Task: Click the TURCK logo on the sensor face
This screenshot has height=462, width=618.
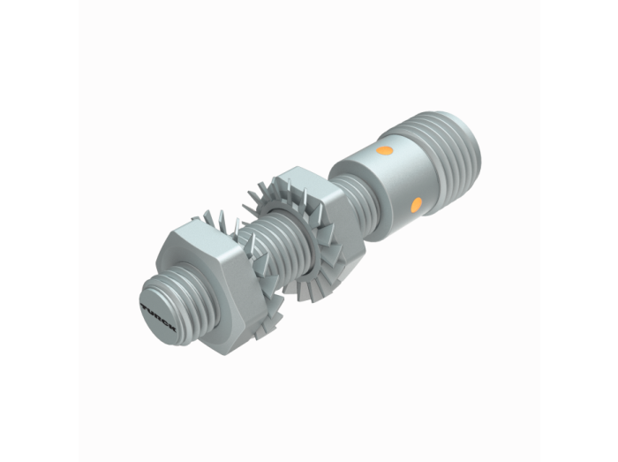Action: pos(158,317)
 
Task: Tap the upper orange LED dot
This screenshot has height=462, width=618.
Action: pos(384,150)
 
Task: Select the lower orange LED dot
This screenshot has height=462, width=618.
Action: pos(416,205)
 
